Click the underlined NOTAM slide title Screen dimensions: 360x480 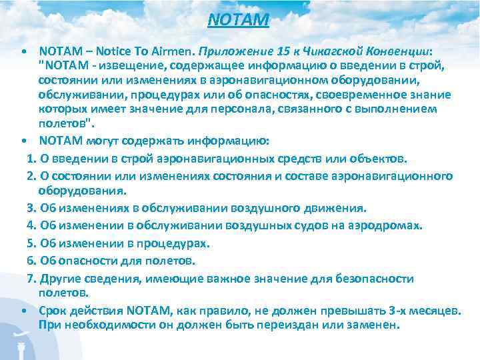(238, 21)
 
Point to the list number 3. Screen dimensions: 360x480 (30, 207)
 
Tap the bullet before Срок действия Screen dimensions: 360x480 (23, 311)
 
